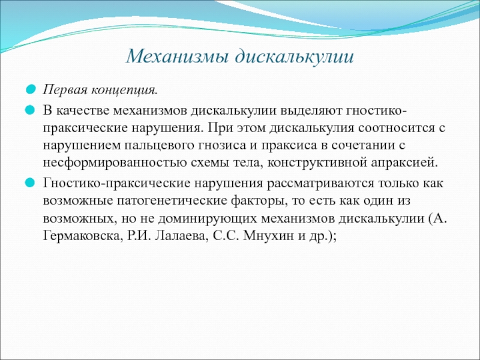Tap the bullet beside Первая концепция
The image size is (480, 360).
[x=31, y=90]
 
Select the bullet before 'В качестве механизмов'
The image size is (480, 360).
[x=31, y=110]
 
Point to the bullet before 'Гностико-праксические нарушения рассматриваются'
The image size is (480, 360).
[x=31, y=184]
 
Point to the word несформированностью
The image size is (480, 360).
[x=115, y=163]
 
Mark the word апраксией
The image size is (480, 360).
[x=404, y=163]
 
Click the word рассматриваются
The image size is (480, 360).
[x=321, y=184]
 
